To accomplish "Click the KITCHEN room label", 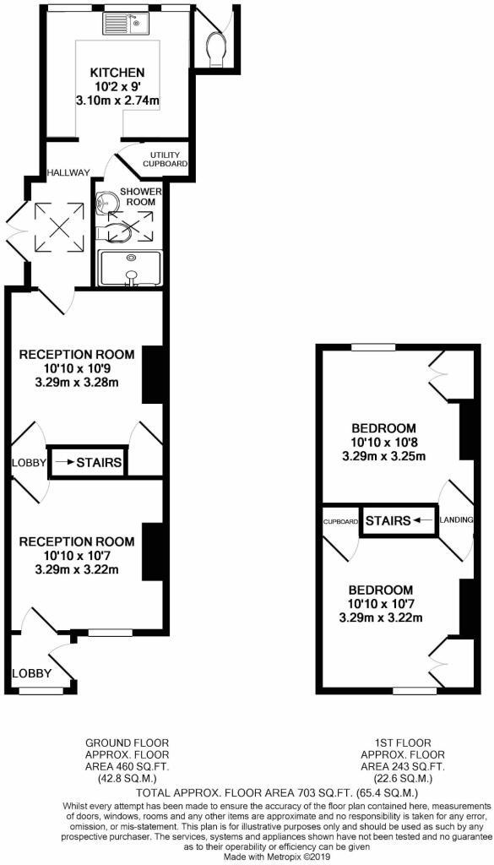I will pos(117,73).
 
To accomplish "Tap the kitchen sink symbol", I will pos(126,24).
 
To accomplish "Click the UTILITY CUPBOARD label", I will pos(168,159).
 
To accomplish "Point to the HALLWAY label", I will pos(68,172).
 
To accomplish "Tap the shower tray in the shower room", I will pos(131,269).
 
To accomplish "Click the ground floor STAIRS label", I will pos(100,463).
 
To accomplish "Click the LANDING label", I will pos(455,520).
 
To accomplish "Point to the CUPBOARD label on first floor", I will pos(339,521).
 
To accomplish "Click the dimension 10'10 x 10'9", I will pos(77,368).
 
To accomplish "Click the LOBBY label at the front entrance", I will pos(32,673).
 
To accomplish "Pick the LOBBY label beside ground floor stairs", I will pos(27,463).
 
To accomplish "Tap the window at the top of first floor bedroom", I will pos(373,346).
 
